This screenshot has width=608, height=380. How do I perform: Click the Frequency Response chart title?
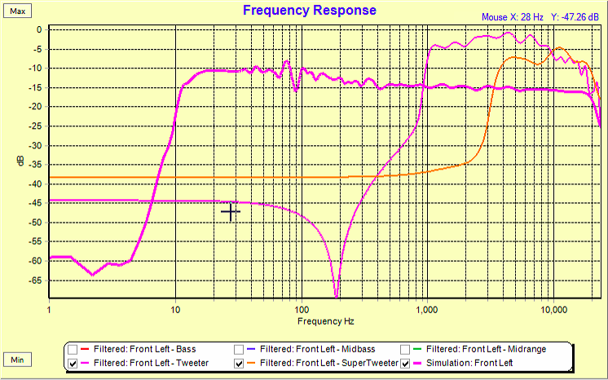310,11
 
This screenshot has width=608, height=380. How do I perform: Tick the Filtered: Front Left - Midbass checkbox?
240,349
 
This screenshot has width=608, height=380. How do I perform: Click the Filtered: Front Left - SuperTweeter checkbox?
240,363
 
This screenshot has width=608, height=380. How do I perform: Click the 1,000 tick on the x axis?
427,311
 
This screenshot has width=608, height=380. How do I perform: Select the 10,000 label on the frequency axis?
553,311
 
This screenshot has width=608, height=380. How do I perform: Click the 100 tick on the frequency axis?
302,311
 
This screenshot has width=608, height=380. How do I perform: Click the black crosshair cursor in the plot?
231,212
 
